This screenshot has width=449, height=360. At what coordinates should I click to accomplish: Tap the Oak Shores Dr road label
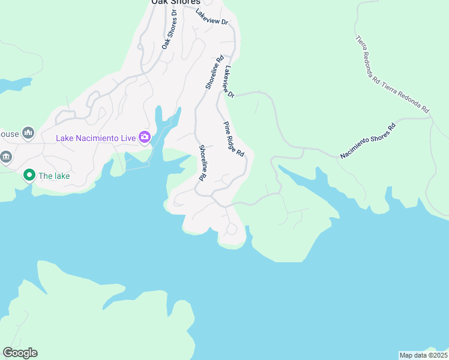tap(170, 29)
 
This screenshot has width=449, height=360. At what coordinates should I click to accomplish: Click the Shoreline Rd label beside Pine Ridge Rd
tap(203, 163)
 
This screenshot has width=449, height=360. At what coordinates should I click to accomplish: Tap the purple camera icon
tap(145, 138)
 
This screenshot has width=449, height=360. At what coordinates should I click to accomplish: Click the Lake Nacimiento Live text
tap(95, 138)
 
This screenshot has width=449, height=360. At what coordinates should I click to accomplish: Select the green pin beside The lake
tap(28, 175)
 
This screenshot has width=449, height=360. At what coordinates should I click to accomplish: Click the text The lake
tap(55, 176)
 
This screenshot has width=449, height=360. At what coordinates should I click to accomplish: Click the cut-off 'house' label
tap(8, 133)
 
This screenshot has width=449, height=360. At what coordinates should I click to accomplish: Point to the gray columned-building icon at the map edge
tap(5, 157)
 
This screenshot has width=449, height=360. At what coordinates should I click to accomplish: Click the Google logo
tap(20, 353)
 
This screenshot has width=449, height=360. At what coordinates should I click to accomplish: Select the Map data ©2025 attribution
tap(423, 355)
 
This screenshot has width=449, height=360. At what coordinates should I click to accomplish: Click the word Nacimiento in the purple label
tap(97, 138)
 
